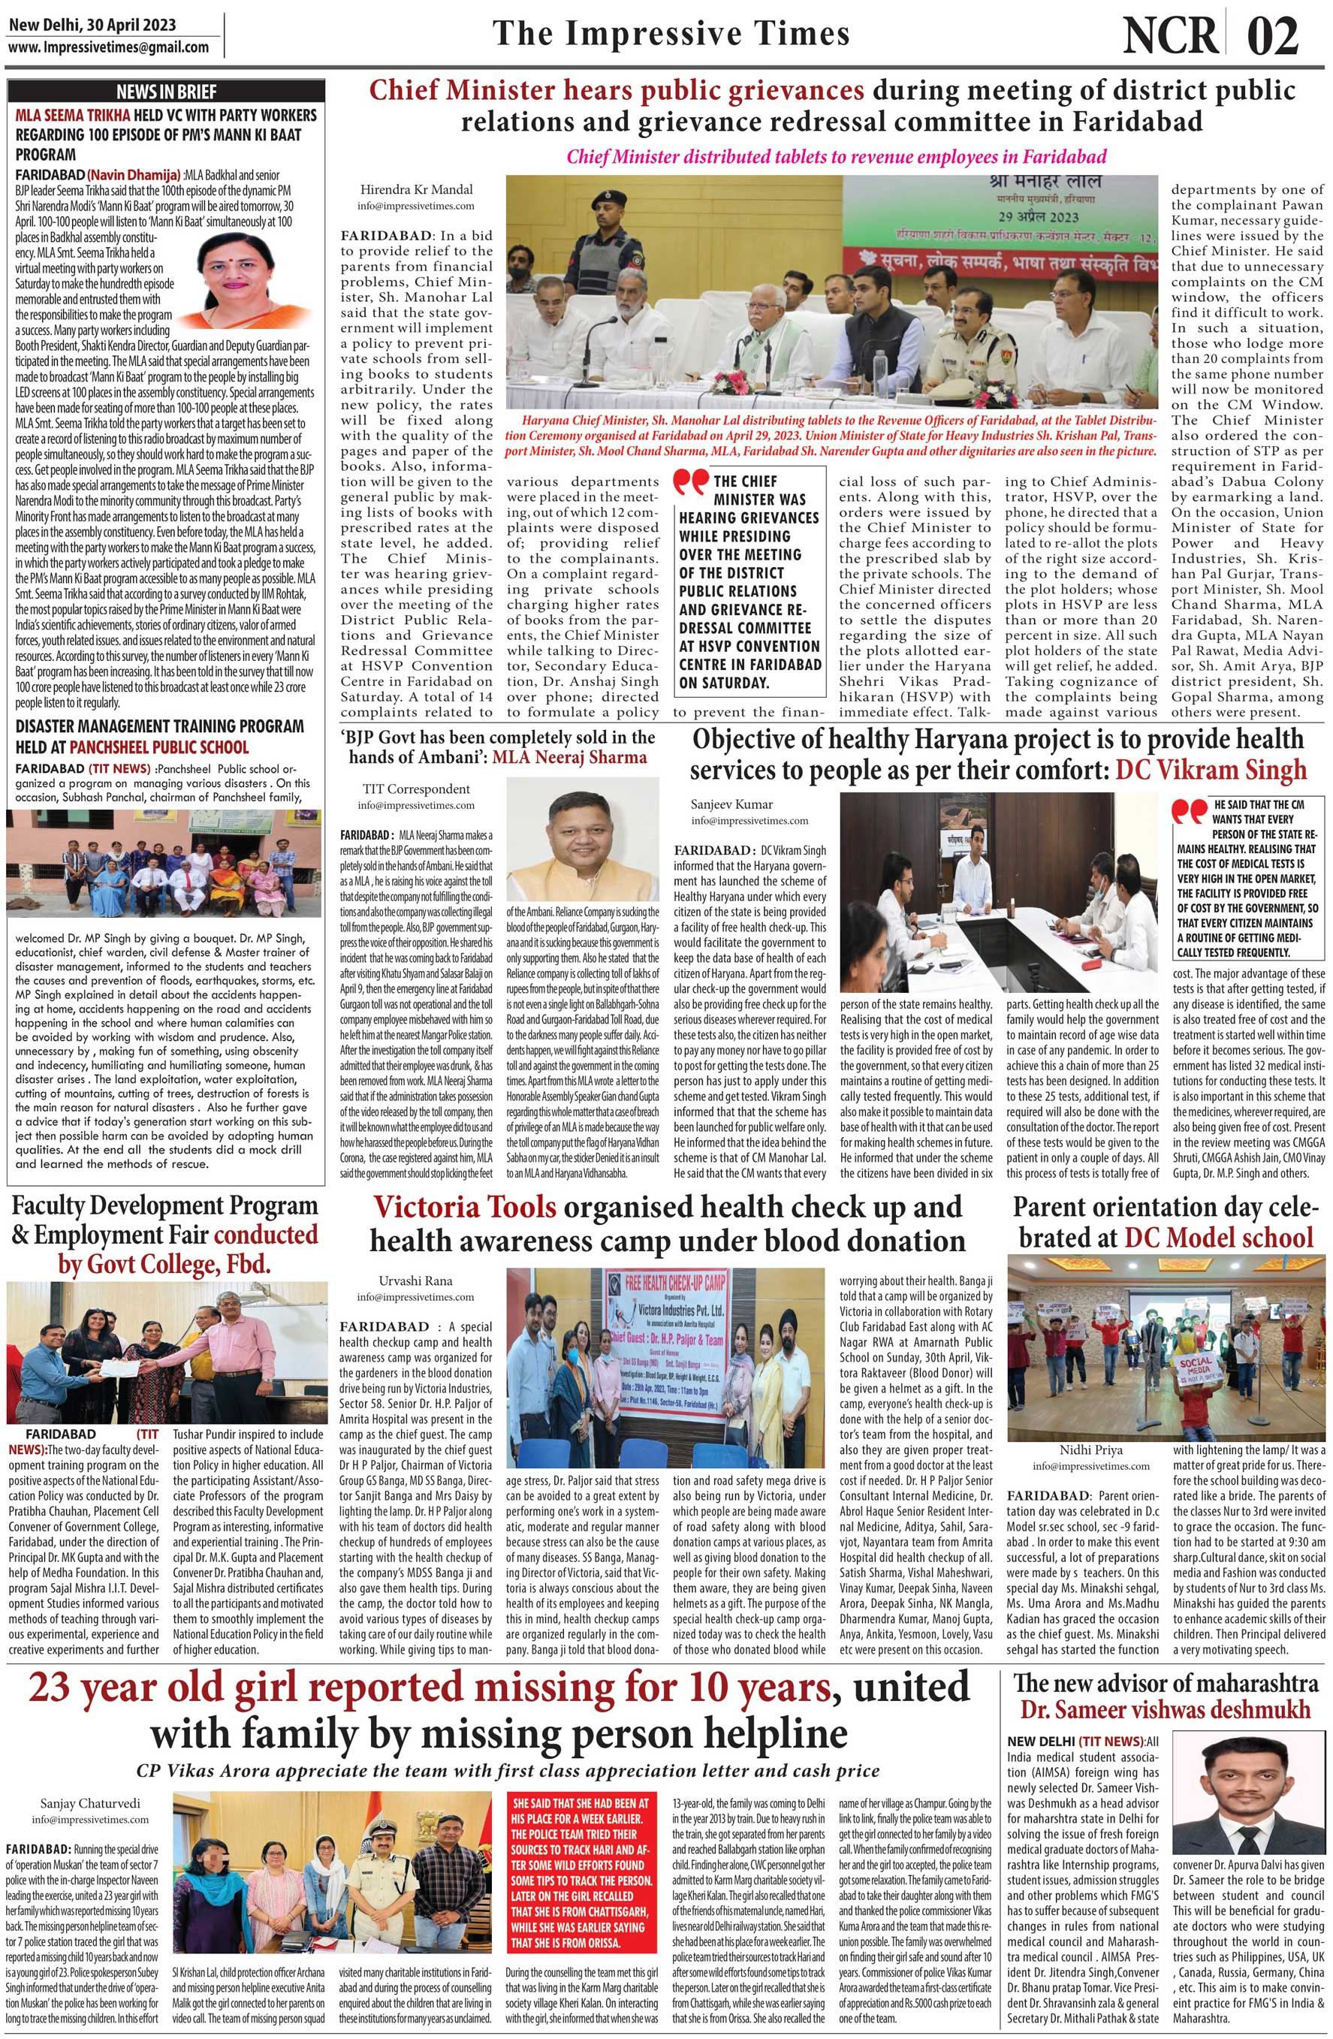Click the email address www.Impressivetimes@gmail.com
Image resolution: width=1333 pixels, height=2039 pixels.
pos(109,47)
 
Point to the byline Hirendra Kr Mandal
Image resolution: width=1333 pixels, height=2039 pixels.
pos(415,189)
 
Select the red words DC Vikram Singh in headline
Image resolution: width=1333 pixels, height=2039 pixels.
pos(1211,769)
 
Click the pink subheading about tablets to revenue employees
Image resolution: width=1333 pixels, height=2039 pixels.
pos(836,157)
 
